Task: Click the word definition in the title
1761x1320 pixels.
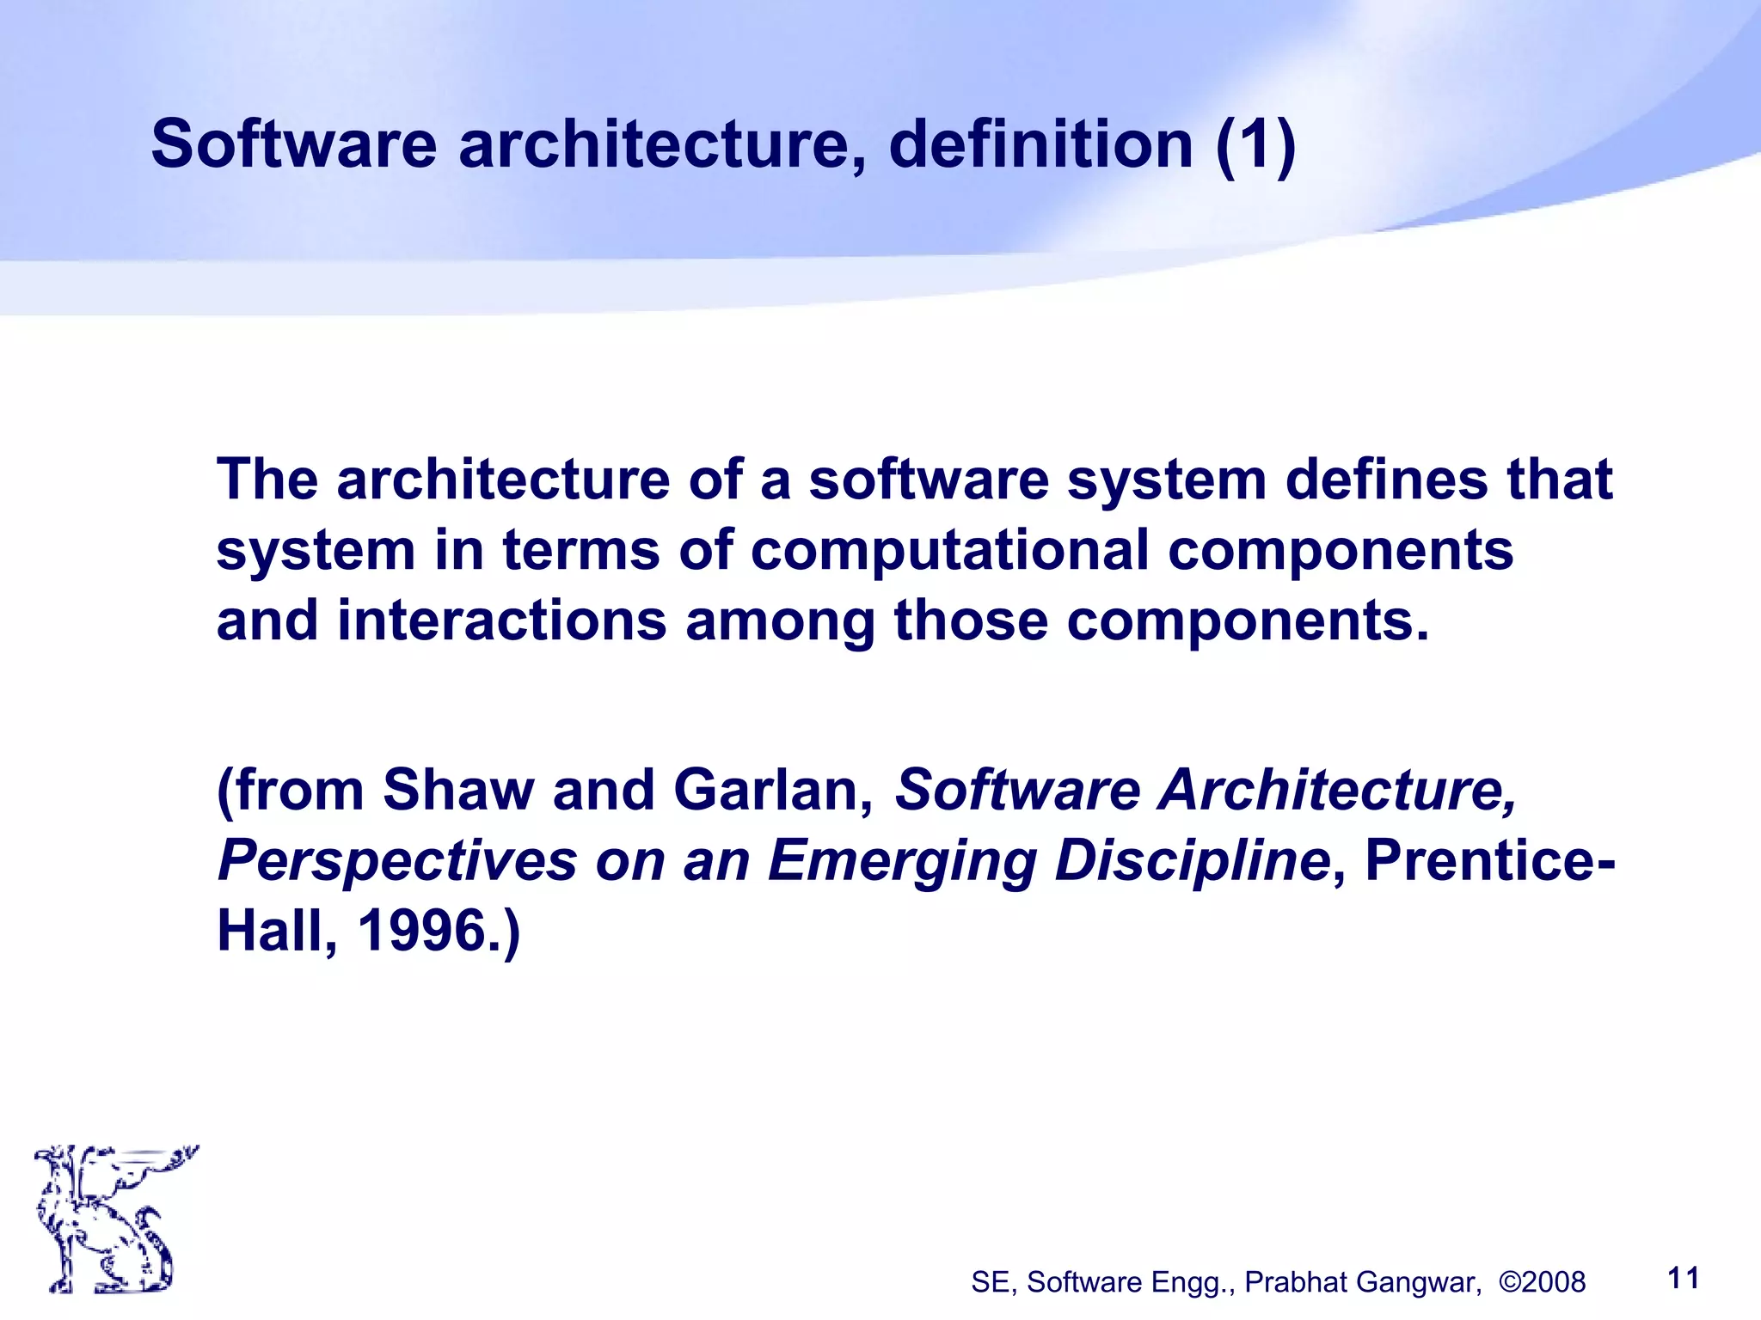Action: (1040, 144)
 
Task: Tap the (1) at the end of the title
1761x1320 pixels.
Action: (1255, 144)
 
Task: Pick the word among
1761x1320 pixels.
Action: (780, 623)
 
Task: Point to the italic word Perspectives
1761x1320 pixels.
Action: (397, 861)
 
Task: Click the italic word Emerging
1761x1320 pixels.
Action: (901, 861)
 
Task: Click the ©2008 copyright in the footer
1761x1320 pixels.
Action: (1542, 1282)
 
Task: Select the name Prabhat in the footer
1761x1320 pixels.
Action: (1297, 1282)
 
